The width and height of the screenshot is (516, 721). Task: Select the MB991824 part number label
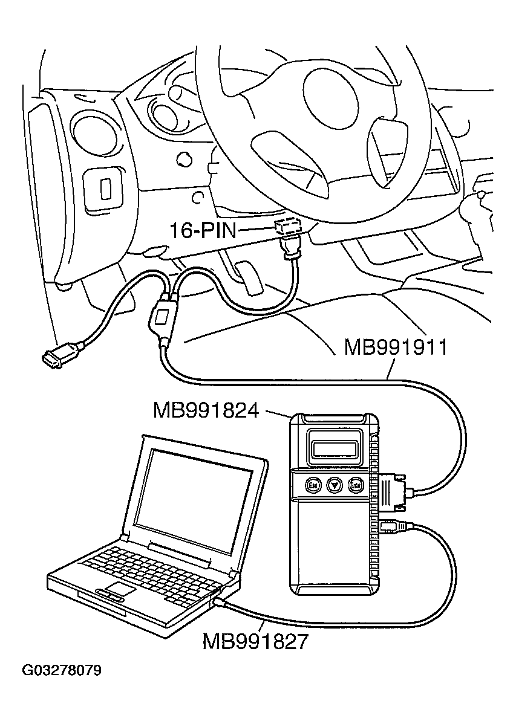point(206,411)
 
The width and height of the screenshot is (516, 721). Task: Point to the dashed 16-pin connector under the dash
point(288,227)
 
